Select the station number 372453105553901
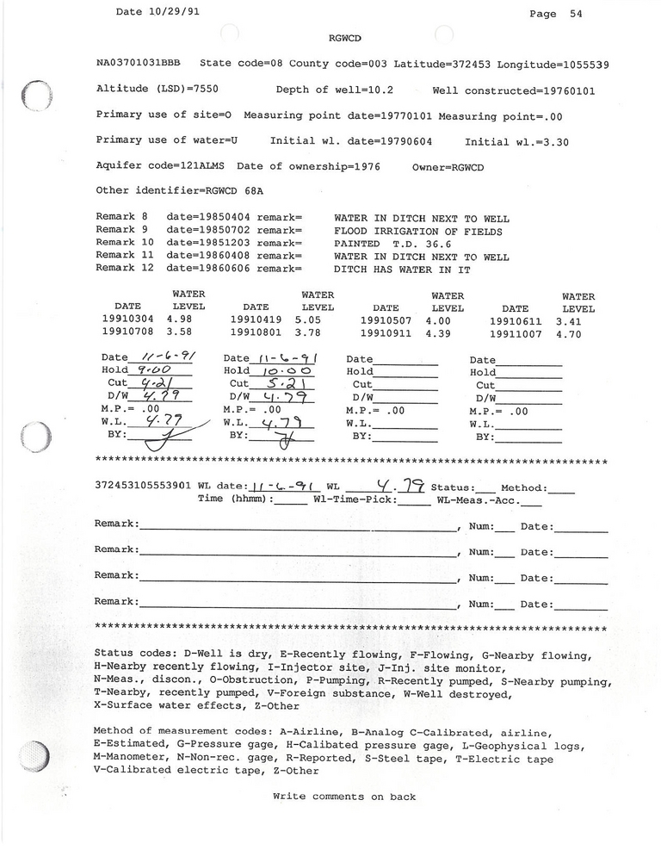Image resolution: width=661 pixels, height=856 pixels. point(143,487)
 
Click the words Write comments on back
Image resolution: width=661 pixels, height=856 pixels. point(344,797)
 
